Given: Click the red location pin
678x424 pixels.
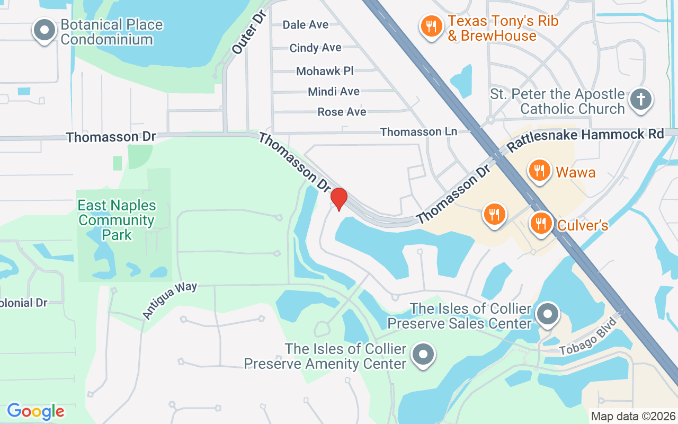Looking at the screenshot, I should point(339,199).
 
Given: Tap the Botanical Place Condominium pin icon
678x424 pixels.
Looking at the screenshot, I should point(44,31).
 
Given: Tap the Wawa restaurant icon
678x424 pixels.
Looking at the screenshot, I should point(539,171).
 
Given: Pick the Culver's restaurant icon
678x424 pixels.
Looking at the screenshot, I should point(541,223).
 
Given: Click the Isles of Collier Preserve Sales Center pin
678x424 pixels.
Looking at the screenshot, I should point(548,314).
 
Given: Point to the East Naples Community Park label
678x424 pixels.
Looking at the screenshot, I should point(117,220).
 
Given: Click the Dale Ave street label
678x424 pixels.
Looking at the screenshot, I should point(306,25).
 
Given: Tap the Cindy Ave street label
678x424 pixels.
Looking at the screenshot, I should point(315,48).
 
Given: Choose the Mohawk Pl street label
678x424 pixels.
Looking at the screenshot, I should point(325,71).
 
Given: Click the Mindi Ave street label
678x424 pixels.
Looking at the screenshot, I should point(334,92).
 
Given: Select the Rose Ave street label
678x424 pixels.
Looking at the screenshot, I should point(342,112).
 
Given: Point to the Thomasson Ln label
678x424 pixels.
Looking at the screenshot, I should point(418,131).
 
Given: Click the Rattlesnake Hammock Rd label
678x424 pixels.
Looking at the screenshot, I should point(585,136).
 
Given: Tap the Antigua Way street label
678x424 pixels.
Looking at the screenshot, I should point(169,300).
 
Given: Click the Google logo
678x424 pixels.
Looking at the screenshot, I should point(35,411).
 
